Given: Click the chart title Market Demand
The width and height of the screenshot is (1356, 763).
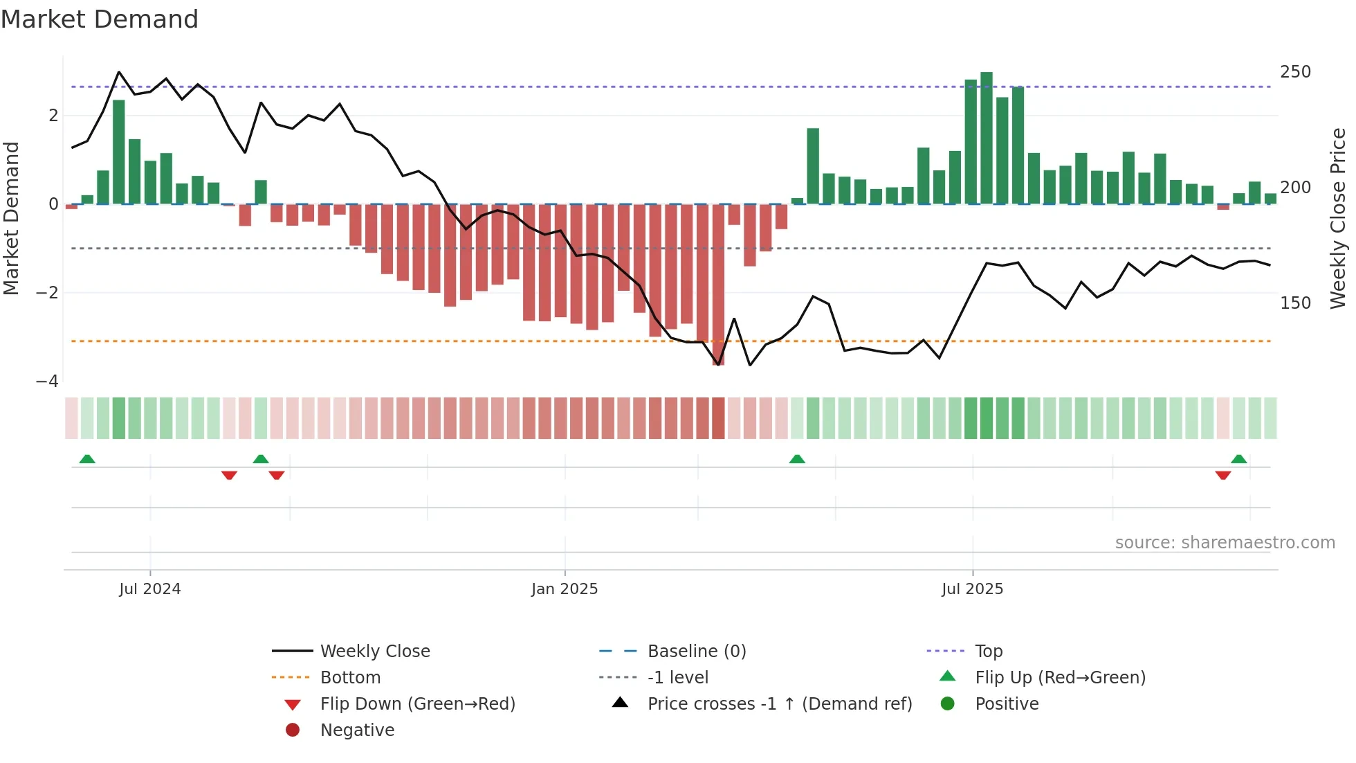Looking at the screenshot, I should tap(100, 19).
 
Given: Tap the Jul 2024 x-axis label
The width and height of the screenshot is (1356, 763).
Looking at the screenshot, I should tap(149, 589).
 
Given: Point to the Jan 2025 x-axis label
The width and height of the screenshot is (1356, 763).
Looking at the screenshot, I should tap(565, 589).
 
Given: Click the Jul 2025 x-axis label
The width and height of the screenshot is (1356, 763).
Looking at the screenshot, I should tap(972, 589).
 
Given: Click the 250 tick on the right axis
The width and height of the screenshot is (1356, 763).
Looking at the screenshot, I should tap(1295, 72).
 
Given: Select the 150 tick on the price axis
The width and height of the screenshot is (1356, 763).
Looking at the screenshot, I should tap(1295, 303).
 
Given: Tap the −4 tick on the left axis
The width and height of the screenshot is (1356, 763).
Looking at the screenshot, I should tap(47, 381).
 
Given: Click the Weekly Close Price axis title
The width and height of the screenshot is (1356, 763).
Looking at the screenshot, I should tap(1338, 218).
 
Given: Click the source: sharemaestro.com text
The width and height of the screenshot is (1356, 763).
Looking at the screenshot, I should tap(1225, 543).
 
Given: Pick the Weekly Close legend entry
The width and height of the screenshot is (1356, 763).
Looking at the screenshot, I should tap(374, 652).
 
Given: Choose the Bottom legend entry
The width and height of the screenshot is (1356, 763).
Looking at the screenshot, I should tap(350, 678).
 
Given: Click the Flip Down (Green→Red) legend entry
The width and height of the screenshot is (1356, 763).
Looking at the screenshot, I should tap(417, 704).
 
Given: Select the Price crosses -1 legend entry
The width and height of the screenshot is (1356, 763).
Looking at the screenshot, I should tap(779, 704).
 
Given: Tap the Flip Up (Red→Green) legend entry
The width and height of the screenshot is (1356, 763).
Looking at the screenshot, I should tap(1060, 678).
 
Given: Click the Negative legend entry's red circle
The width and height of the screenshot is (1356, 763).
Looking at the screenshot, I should tap(293, 730).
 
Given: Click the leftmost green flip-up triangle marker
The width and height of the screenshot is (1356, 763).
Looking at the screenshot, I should tap(87, 459).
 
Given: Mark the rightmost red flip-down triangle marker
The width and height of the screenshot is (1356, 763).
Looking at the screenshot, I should tap(1223, 475).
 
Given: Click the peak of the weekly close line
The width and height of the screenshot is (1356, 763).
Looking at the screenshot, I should tap(119, 72).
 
